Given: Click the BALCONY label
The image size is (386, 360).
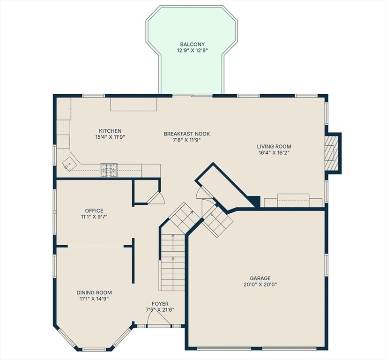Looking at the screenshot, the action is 192,45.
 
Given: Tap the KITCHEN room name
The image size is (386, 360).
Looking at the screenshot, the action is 110,131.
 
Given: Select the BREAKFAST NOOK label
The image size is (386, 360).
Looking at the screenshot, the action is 187,134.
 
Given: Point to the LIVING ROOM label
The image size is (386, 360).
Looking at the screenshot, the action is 274,146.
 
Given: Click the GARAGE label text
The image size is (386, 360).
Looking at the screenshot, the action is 260,278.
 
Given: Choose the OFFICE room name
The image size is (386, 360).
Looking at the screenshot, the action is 94,210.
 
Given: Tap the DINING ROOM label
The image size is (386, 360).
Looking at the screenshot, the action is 94,292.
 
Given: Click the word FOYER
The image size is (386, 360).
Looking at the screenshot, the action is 160,304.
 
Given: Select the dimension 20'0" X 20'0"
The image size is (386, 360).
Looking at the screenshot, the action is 260,285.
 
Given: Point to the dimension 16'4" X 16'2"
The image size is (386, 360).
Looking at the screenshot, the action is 274,152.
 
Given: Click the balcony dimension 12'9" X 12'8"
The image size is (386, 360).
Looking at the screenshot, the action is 192,51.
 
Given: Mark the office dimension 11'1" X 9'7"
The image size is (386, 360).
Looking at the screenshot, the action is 94,217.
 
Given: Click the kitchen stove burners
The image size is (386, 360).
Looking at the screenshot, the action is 109,170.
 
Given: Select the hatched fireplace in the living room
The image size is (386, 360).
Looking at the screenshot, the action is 331,153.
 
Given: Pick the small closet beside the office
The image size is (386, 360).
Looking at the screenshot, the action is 146,192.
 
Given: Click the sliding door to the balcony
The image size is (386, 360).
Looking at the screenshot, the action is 192,95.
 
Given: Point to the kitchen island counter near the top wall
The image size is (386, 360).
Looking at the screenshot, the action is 134,104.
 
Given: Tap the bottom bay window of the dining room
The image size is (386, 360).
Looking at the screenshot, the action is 94,349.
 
